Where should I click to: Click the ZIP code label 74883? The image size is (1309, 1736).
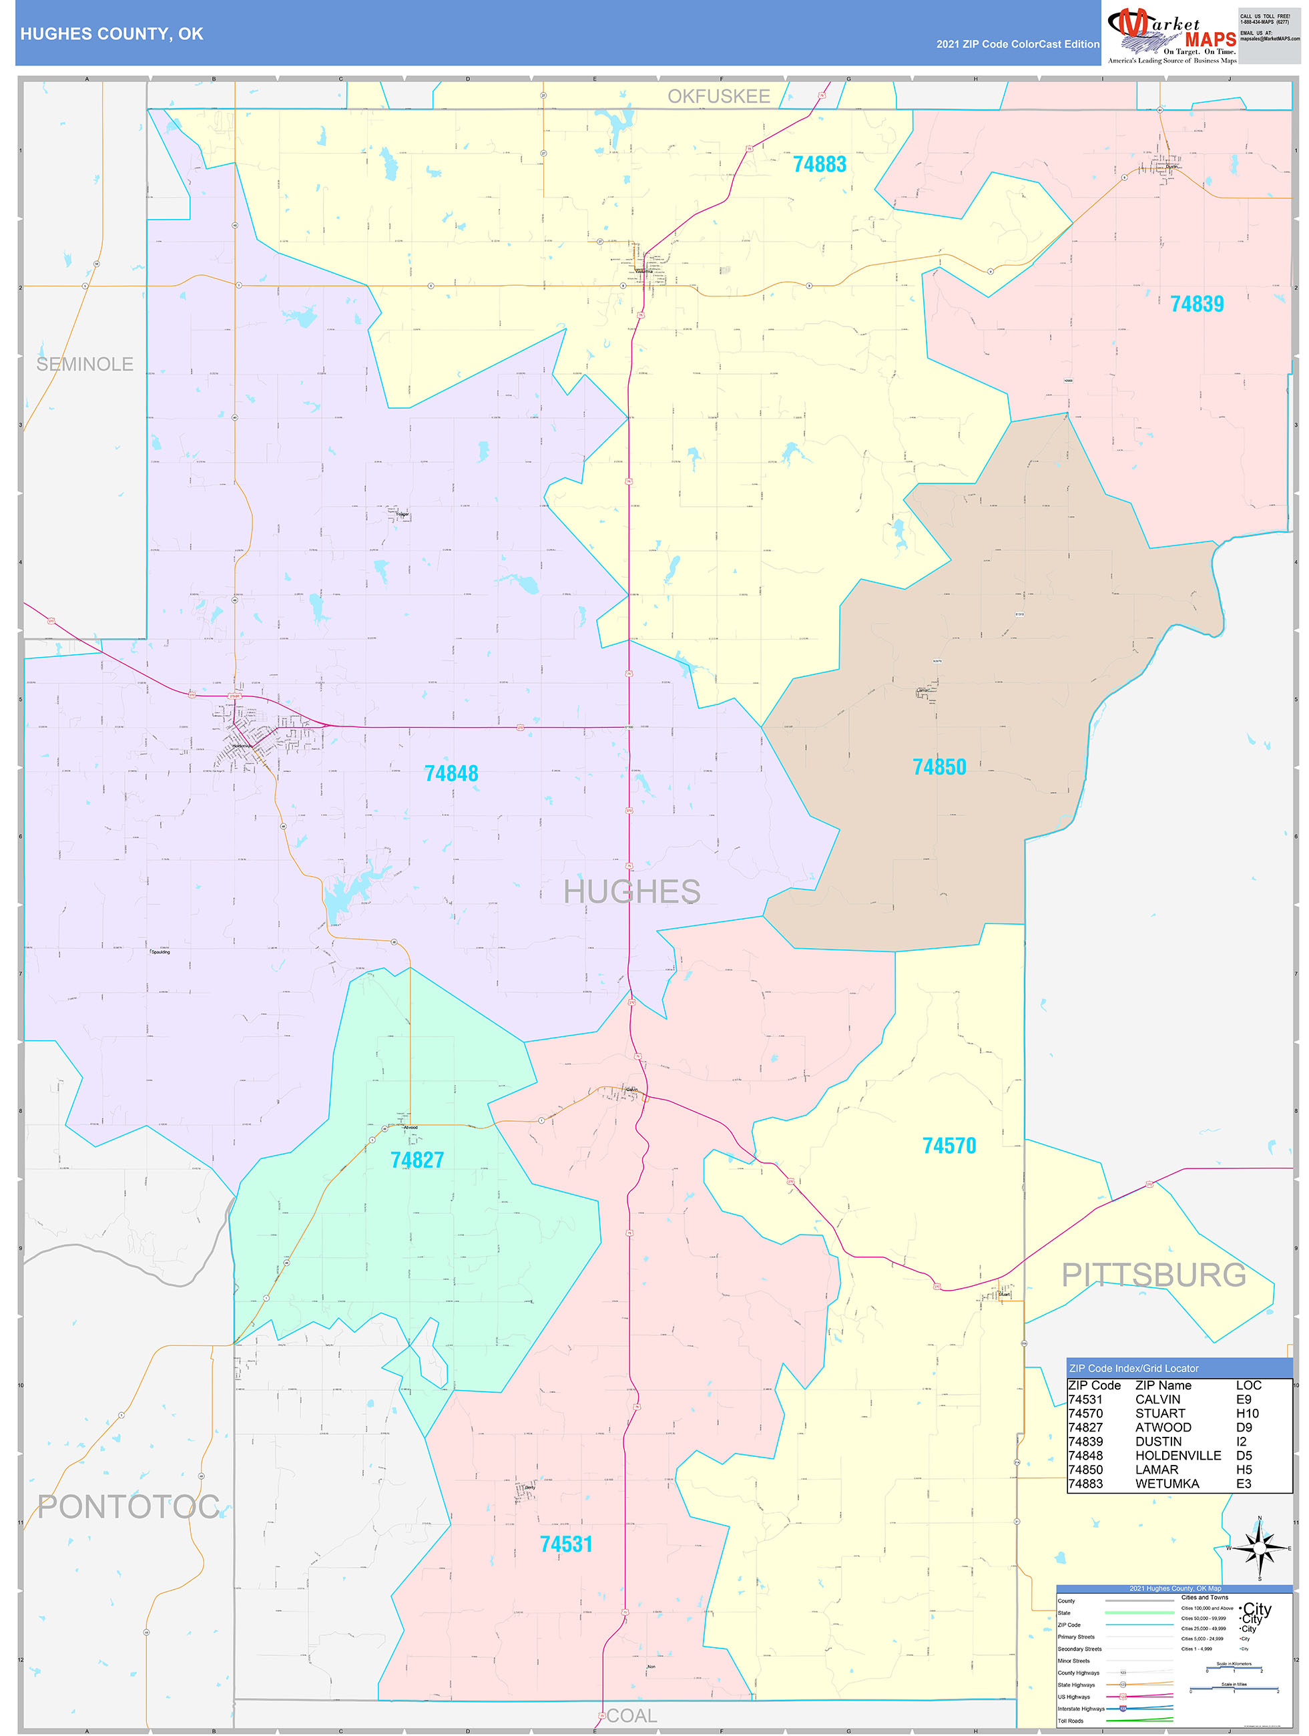[x=819, y=164]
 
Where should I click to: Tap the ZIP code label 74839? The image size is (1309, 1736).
[x=1196, y=304]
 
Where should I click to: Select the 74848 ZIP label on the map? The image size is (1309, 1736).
[x=451, y=774]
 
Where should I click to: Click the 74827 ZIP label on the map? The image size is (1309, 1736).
[x=417, y=1160]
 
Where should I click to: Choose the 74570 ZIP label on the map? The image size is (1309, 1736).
[x=949, y=1146]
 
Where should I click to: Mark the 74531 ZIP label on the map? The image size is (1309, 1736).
[x=566, y=1544]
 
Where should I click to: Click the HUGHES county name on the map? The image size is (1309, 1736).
[x=631, y=891]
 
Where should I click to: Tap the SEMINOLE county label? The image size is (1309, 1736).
[x=85, y=364]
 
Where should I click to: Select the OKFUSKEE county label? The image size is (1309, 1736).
[x=718, y=97]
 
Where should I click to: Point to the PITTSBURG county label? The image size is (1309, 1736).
[x=1153, y=1275]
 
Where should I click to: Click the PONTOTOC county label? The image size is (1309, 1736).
[x=128, y=1507]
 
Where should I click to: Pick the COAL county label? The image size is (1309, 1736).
[x=631, y=1715]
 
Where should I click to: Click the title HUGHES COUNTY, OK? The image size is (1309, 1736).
[x=111, y=34]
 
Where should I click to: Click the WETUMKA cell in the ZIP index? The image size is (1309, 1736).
[x=1166, y=1484]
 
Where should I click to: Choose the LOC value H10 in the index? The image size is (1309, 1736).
[x=1247, y=1413]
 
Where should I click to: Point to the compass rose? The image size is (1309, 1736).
[x=1259, y=1548]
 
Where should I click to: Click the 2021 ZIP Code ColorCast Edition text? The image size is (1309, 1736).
[x=1017, y=44]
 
